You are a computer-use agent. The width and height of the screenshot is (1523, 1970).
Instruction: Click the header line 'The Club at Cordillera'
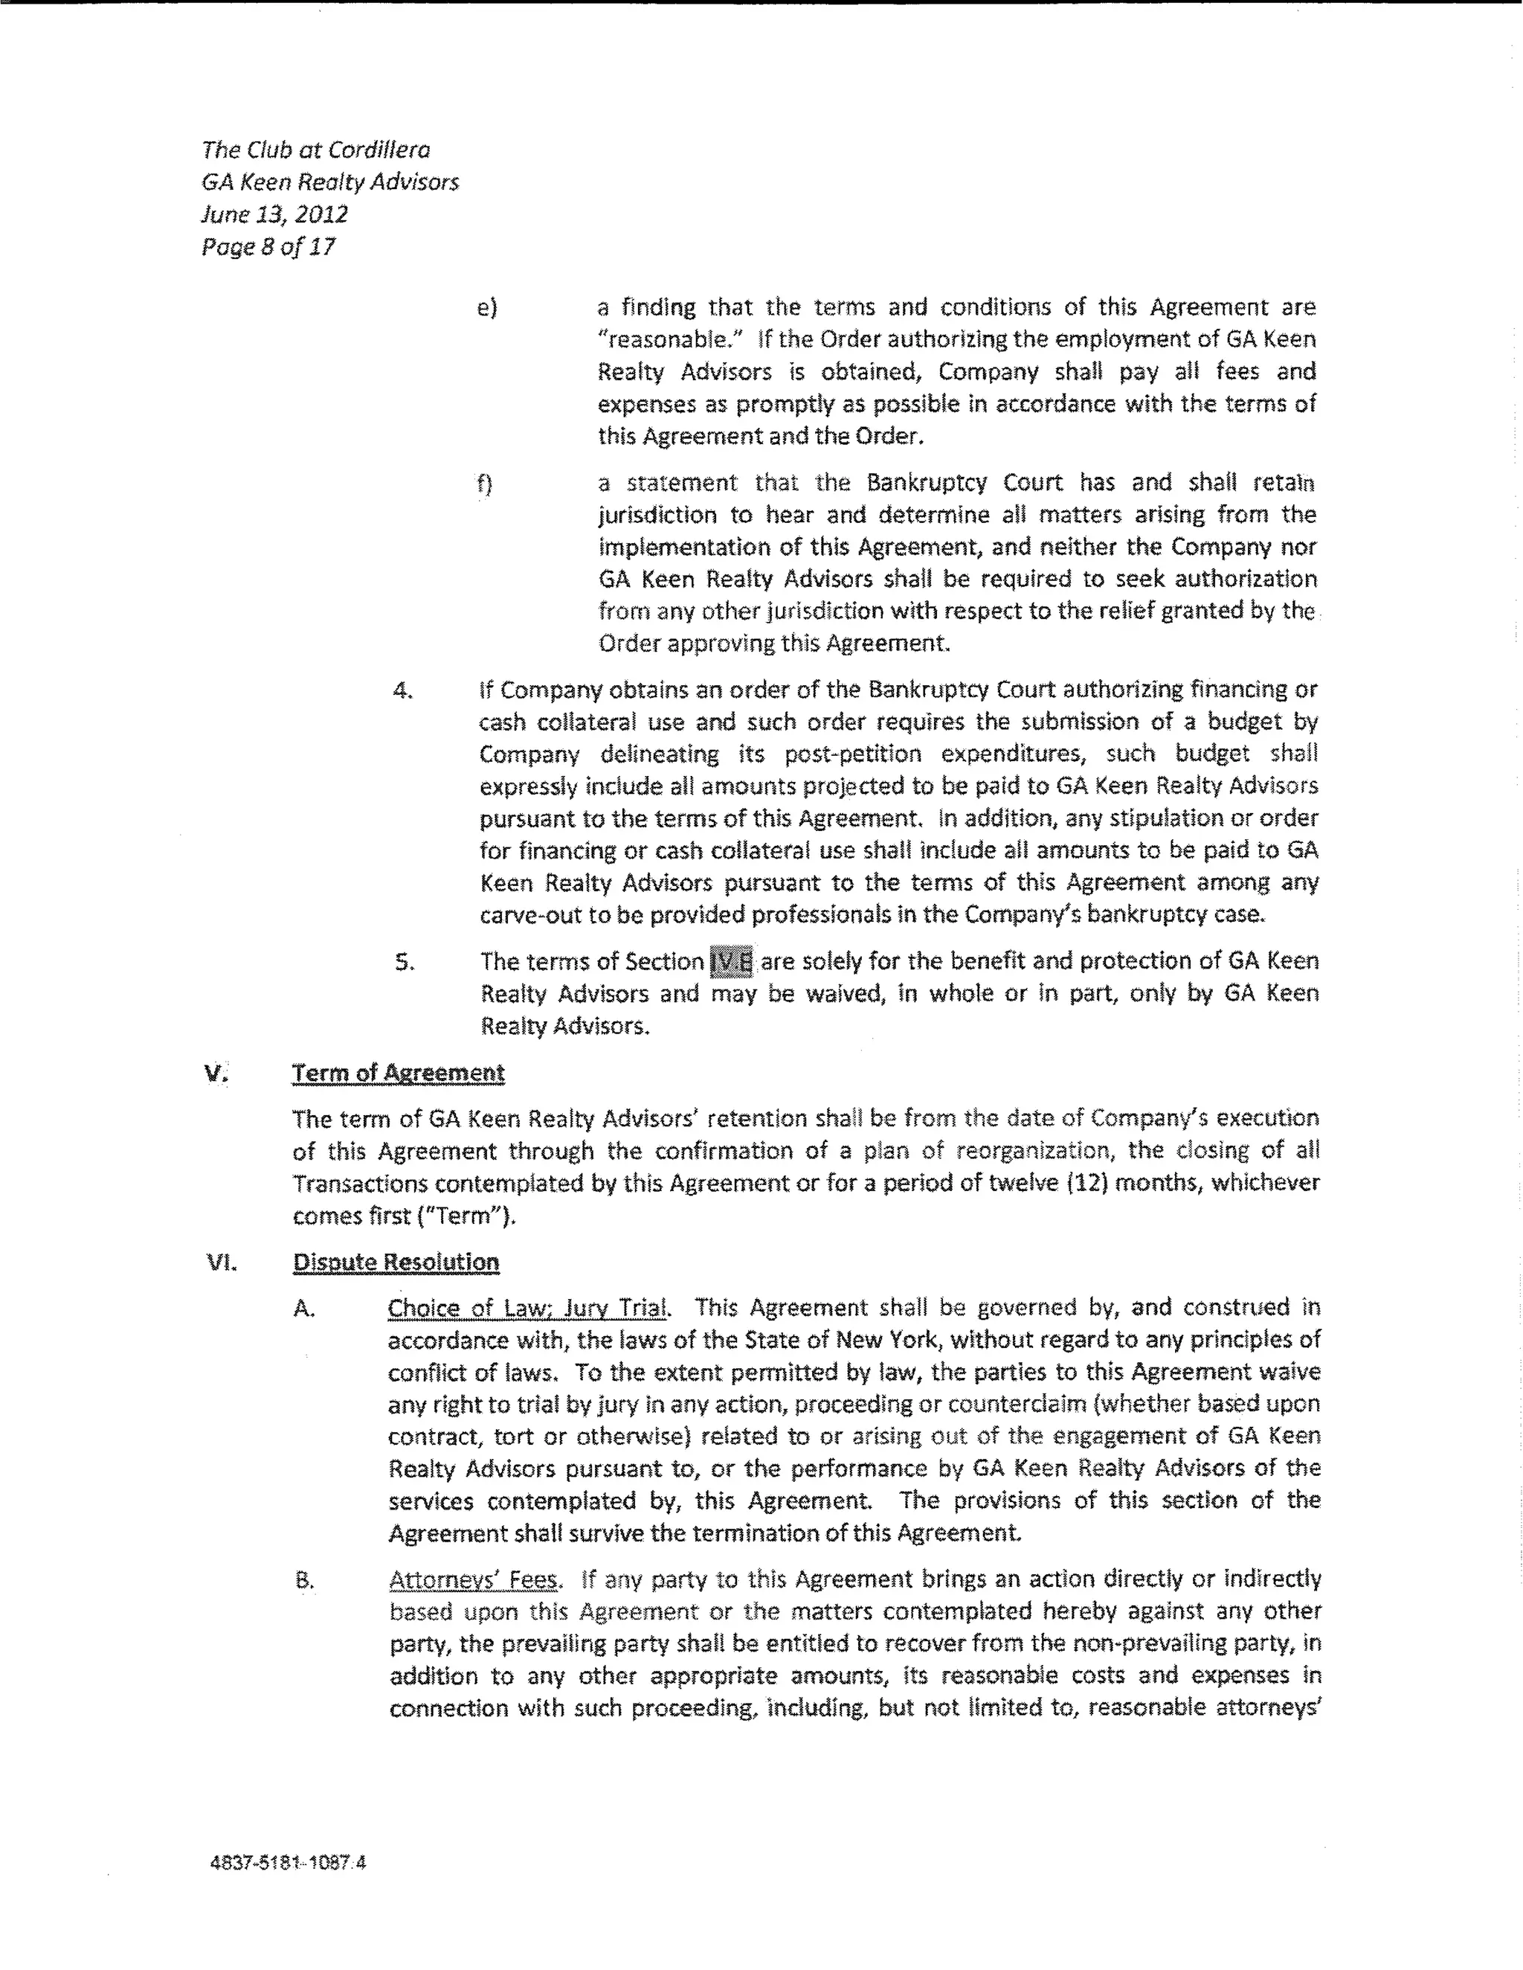(315, 150)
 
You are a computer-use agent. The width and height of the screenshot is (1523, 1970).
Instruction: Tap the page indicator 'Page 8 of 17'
(268, 246)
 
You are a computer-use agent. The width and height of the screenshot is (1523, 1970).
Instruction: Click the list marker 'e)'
(486, 307)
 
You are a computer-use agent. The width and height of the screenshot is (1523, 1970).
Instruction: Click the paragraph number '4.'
(404, 691)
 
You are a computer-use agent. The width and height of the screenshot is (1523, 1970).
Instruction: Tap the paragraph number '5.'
(404, 963)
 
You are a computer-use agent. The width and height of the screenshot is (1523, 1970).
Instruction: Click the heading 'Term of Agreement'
(398, 1074)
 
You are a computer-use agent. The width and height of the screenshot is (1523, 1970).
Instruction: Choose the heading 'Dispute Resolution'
(396, 1262)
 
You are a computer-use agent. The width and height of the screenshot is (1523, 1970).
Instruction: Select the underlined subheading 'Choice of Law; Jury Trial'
(527, 1308)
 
